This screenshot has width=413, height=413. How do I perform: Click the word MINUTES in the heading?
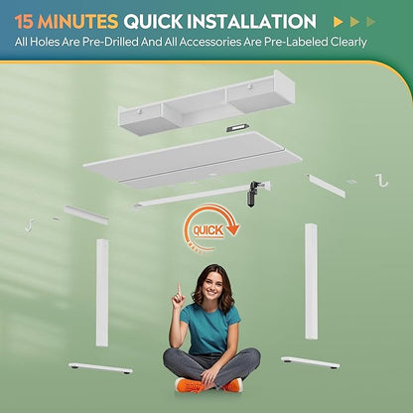[78, 22]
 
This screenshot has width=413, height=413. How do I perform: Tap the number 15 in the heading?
[24, 22]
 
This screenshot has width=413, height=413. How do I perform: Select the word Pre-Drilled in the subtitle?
[110, 43]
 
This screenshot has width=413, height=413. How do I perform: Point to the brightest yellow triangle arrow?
[338, 22]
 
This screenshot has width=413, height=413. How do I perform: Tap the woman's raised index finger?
[179, 288]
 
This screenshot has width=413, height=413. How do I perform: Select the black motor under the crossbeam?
[252, 195]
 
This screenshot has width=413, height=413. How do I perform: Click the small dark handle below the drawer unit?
[237, 128]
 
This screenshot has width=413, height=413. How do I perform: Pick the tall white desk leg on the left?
[102, 293]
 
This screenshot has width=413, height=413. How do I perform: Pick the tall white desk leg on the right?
[311, 281]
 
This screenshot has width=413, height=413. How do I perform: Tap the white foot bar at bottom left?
[100, 368]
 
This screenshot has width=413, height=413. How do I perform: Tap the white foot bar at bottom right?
[310, 362]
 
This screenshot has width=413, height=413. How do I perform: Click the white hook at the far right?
[382, 181]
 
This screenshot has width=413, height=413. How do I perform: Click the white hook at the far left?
[30, 225]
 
